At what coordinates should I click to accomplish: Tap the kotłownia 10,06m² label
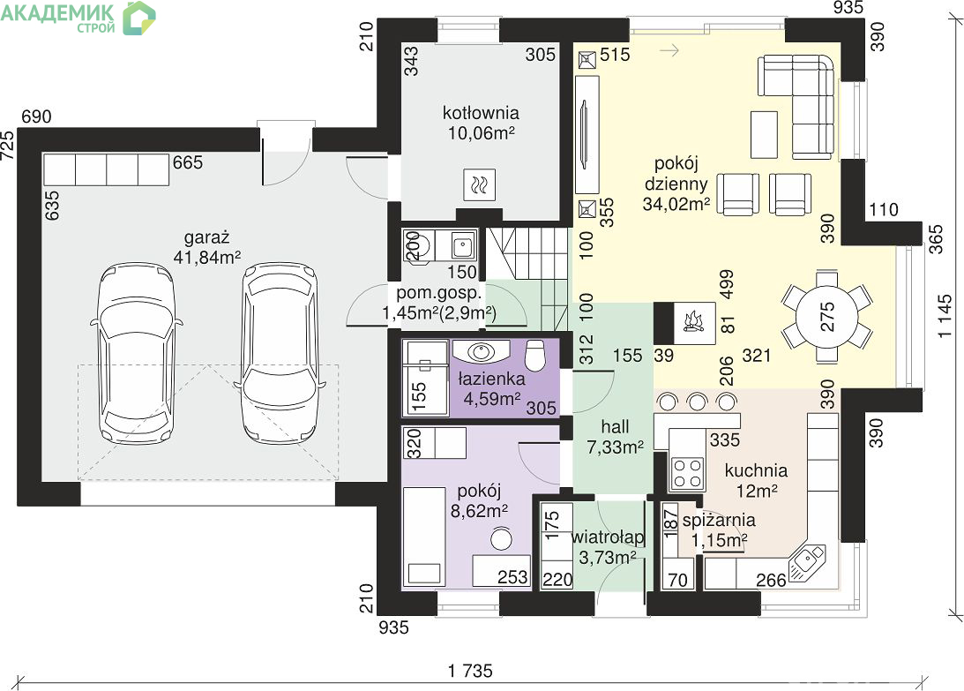(x=481, y=123)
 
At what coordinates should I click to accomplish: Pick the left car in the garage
(x=136, y=353)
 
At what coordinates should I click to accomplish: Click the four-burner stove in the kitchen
(x=687, y=472)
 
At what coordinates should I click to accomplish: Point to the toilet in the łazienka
(x=534, y=355)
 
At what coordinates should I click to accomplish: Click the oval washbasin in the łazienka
(x=481, y=351)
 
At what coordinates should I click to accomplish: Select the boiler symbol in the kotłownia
(x=479, y=184)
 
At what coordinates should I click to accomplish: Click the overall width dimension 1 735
(x=470, y=670)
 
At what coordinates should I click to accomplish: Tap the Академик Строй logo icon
(x=139, y=18)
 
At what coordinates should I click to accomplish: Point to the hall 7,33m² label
(x=615, y=436)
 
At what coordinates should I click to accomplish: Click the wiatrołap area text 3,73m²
(x=608, y=558)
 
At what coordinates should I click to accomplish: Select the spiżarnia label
(x=719, y=520)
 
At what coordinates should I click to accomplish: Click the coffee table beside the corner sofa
(x=764, y=134)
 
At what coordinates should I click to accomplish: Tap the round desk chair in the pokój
(x=502, y=538)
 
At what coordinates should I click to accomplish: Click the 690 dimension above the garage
(x=36, y=116)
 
